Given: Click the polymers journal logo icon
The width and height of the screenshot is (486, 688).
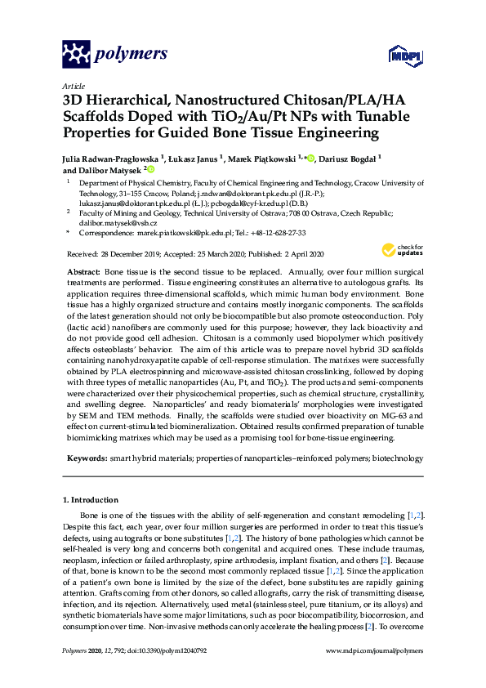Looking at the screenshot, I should (76, 54).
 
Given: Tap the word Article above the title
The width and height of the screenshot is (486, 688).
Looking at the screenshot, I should (73, 85).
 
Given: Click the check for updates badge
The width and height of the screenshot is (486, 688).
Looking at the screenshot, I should (401, 249).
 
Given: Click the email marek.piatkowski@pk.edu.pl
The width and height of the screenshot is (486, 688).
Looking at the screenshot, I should (185, 233).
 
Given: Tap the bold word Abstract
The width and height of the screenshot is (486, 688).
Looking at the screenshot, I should (83, 270).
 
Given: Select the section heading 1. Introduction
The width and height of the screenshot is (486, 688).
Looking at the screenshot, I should (90, 499).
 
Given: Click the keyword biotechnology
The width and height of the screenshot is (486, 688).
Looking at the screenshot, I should (397, 459).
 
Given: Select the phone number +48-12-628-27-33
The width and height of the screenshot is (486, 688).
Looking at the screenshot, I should (284, 233).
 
